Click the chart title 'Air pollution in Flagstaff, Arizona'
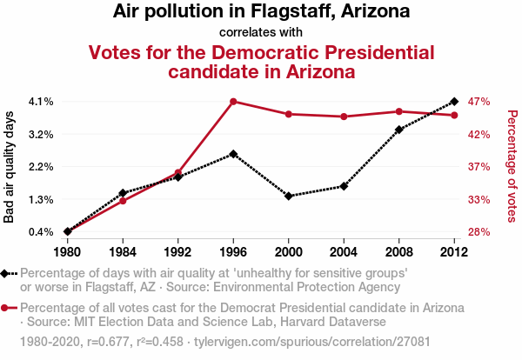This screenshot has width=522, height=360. tap(261, 12)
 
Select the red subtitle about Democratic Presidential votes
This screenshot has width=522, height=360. tap(261, 62)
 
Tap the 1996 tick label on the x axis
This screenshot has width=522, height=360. tap(233, 252)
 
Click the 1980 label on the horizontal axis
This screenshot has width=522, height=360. tap(67, 252)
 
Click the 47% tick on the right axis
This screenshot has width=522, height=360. tap(480, 102)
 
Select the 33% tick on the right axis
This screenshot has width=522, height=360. tap(480, 200)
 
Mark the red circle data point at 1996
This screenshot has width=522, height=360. tap(233, 102)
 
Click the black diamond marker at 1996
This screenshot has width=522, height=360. tap(233, 154)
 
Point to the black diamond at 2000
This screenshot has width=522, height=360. tap(289, 197)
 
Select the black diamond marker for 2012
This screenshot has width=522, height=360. tap(454, 102)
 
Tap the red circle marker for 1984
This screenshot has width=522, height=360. tap(123, 201)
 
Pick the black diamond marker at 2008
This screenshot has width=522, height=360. tap(399, 130)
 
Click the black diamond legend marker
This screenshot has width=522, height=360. tap(7, 273)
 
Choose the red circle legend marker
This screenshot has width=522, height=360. tap(7, 308)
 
